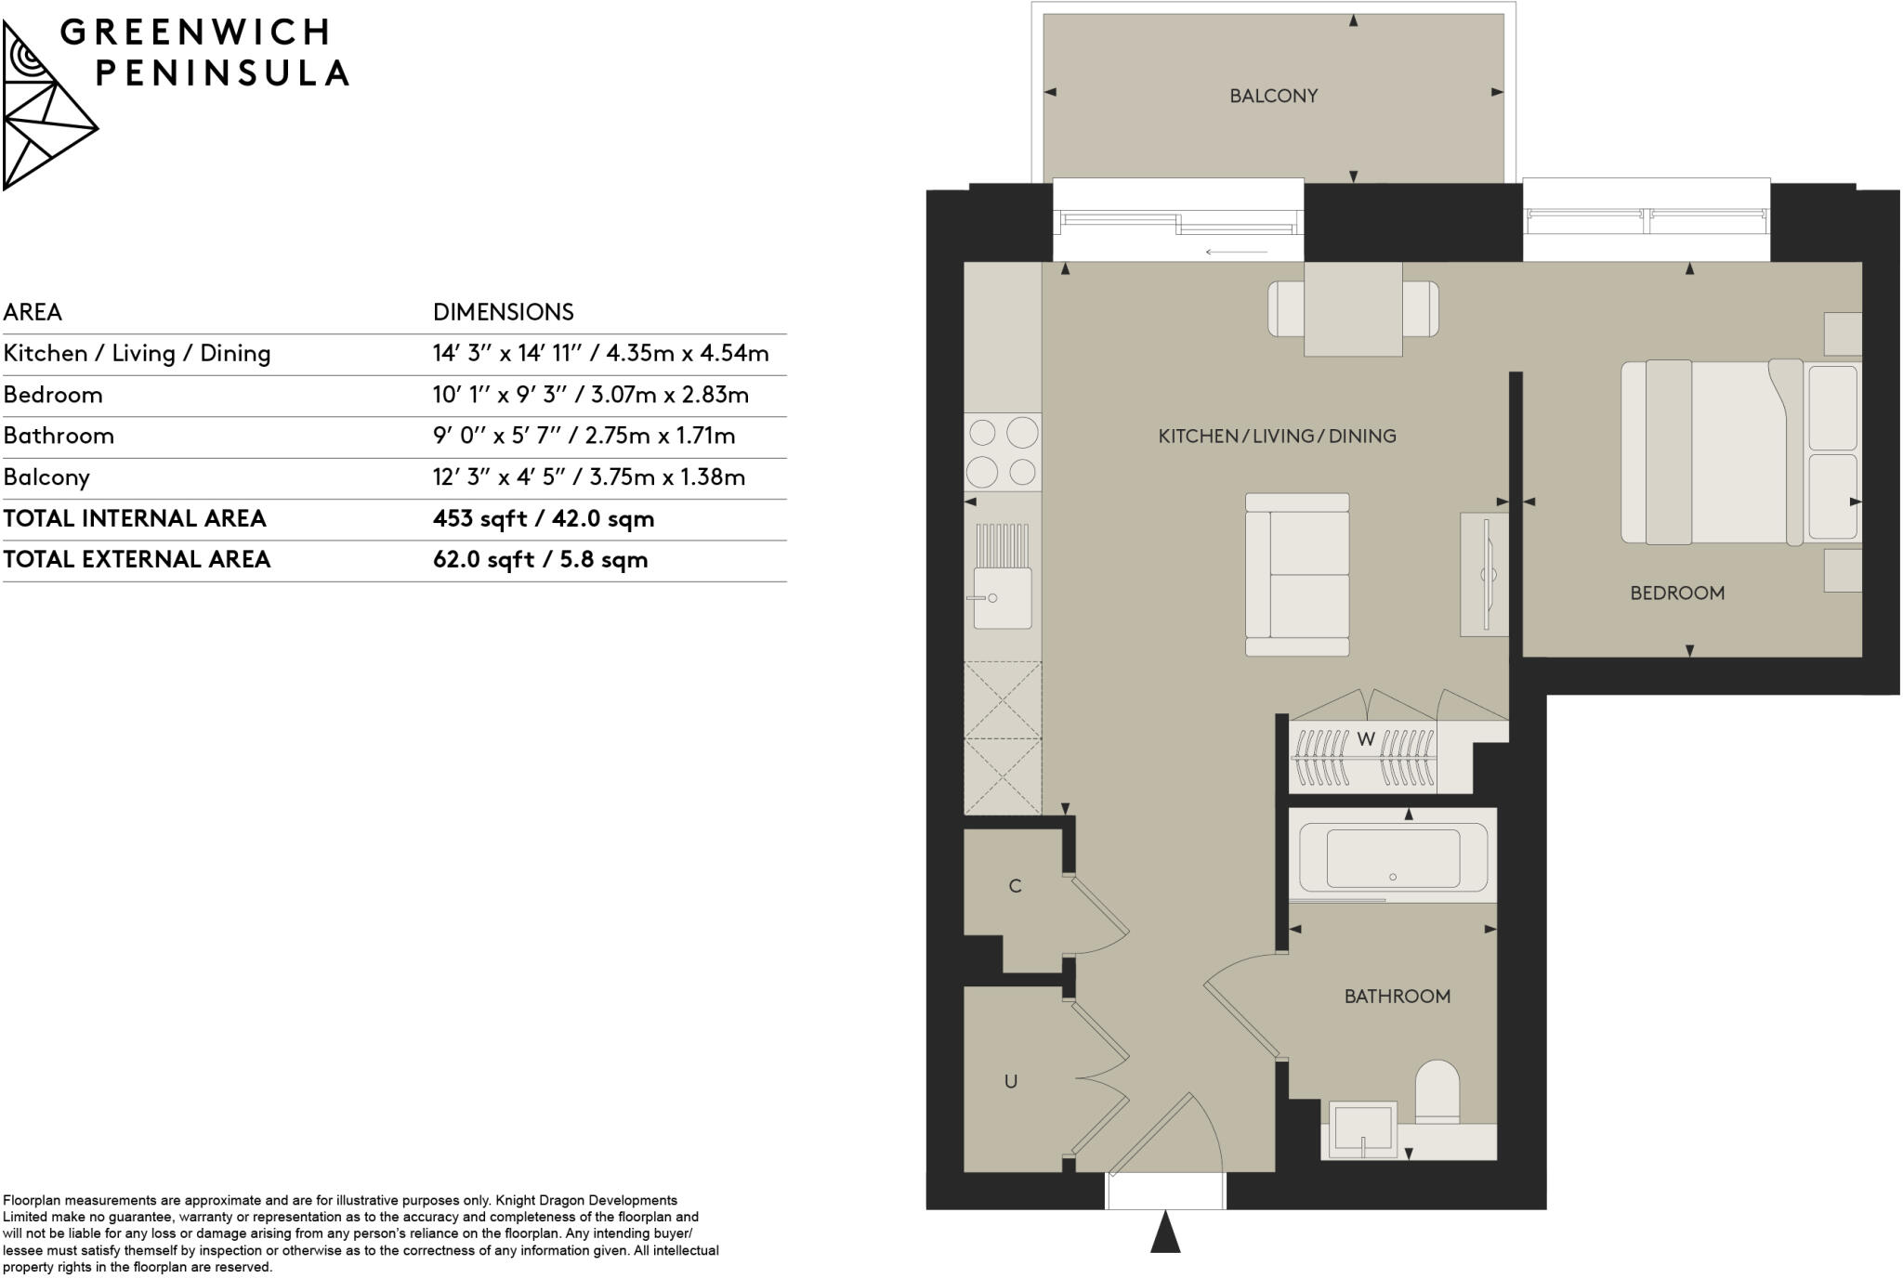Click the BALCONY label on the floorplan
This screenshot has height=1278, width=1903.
click(x=1273, y=96)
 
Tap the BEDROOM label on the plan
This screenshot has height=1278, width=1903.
click(x=1676, y=593)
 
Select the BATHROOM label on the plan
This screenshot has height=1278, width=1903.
click(x=1397, y=997)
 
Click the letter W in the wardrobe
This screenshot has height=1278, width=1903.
click(x=1365, y=739)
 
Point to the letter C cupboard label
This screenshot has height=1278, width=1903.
click(x=1015, y=886)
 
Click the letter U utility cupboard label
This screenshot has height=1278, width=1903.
click(x=1011, y=1081)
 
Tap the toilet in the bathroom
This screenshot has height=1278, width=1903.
click(x=1437, y=1092)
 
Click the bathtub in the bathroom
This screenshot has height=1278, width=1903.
click(x=1392, y=856)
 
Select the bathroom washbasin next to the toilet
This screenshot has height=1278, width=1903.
click(x=1362, y=1129)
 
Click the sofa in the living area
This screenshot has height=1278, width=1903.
click(x=1298, y=575)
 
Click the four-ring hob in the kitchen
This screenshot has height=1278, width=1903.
click(x=1003, y=452)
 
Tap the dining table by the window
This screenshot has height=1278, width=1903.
click(x=1353, y=309)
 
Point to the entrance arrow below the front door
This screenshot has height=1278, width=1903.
click(x=1165, y=1232)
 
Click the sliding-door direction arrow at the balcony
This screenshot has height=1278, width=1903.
click(x=1236, y=252)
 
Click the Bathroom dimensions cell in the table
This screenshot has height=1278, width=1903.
click(x=584, y=436)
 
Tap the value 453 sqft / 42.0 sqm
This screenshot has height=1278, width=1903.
click(x=544, y=518)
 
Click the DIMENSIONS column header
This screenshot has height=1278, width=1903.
click(x=504, y=312)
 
